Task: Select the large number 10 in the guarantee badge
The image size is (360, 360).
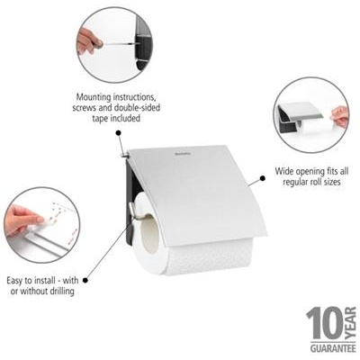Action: coord(319,322)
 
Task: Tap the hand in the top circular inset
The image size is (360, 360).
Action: coord(87,40)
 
